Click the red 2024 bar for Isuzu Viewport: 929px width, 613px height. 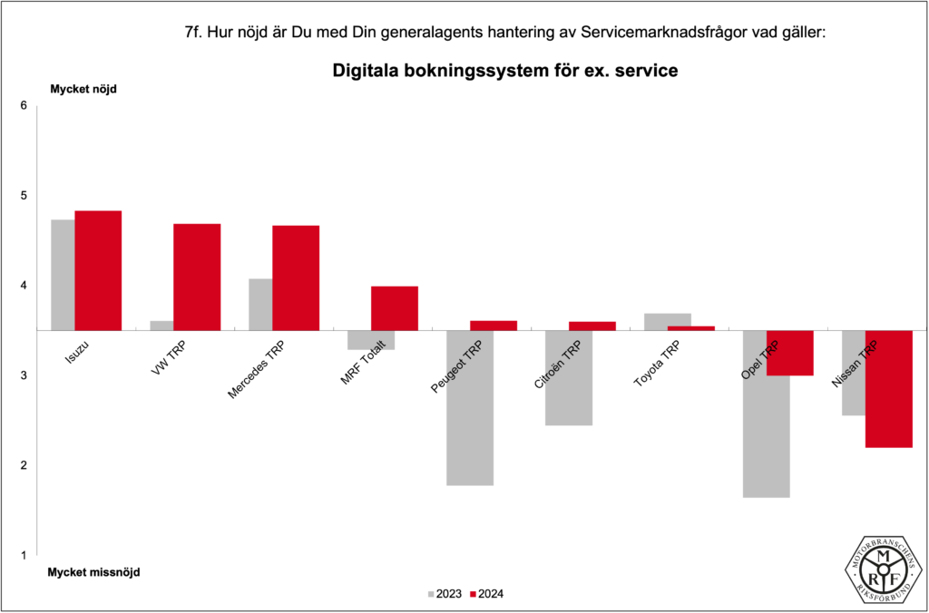pyautogui.click(x=98, y=270)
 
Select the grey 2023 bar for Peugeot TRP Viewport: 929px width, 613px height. pyautogui.click(x=470, y=408)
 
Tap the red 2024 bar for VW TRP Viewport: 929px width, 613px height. pyautogui.click(x=197, y=277)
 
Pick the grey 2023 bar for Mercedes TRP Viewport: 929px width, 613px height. pyautogui.click(x=260, y=305)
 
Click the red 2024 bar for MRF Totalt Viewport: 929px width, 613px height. pyautogui.click(x=395, y=308)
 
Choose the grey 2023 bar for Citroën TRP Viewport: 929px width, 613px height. pyautogui.click(x=569, y=378)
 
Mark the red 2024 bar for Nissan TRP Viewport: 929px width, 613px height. pyautogui.click(x=889, y=389)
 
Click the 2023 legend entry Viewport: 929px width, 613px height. pyautogui.click(x=444, y=595)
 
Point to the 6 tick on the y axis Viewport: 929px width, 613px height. pyautogui.click(x=24, y=106)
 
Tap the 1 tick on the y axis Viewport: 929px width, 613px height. pyautogui.click(x=24, y=555)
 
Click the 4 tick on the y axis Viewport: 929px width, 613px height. pyautogui.click(x=24, y=286)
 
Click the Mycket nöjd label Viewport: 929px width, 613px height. pyautogui.click(x=83, y=89)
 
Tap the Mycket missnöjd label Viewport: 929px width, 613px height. pyautogui.click(x=94, y=572)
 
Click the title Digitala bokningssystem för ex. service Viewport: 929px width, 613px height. pyautogui.click(x=504, y=70)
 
